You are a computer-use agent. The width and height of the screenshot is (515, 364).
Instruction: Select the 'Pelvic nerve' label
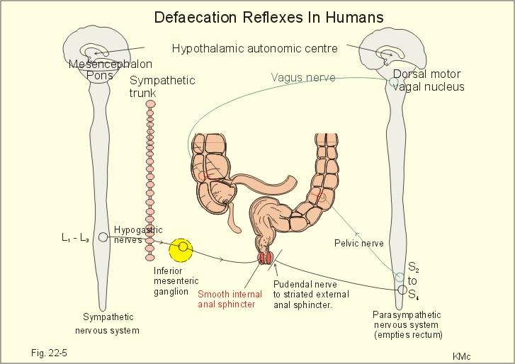pos(359,244)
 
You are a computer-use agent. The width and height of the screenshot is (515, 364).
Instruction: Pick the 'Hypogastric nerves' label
pos(138,234)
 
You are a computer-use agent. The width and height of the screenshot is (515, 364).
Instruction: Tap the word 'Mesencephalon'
pos(111,63)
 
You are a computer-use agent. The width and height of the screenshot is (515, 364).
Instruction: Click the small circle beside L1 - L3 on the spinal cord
pos(103,237)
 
